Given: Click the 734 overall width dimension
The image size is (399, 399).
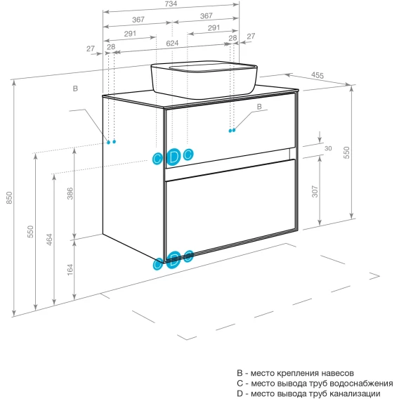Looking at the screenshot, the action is (171, 4).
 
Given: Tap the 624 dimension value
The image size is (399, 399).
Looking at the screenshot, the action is (172, 44).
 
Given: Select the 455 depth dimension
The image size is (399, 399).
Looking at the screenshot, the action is (318, 75).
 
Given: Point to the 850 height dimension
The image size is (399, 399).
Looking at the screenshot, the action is (9, 197).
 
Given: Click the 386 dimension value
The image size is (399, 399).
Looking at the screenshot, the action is (70, 193).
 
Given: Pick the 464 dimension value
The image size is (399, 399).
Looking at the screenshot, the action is (49, 240).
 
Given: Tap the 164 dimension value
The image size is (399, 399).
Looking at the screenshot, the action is (70, 270).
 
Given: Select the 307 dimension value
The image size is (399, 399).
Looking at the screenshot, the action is (315, 192).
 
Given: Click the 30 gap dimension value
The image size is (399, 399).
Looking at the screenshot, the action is (328, 148).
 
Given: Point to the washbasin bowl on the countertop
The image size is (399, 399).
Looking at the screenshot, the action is (204, 79).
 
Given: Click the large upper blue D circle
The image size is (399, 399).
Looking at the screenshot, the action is (174, 157).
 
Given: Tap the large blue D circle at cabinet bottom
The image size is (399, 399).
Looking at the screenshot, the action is (174, 259).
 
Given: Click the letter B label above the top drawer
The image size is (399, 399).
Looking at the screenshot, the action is (259, 107).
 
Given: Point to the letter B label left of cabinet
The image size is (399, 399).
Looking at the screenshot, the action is (75, 89).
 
